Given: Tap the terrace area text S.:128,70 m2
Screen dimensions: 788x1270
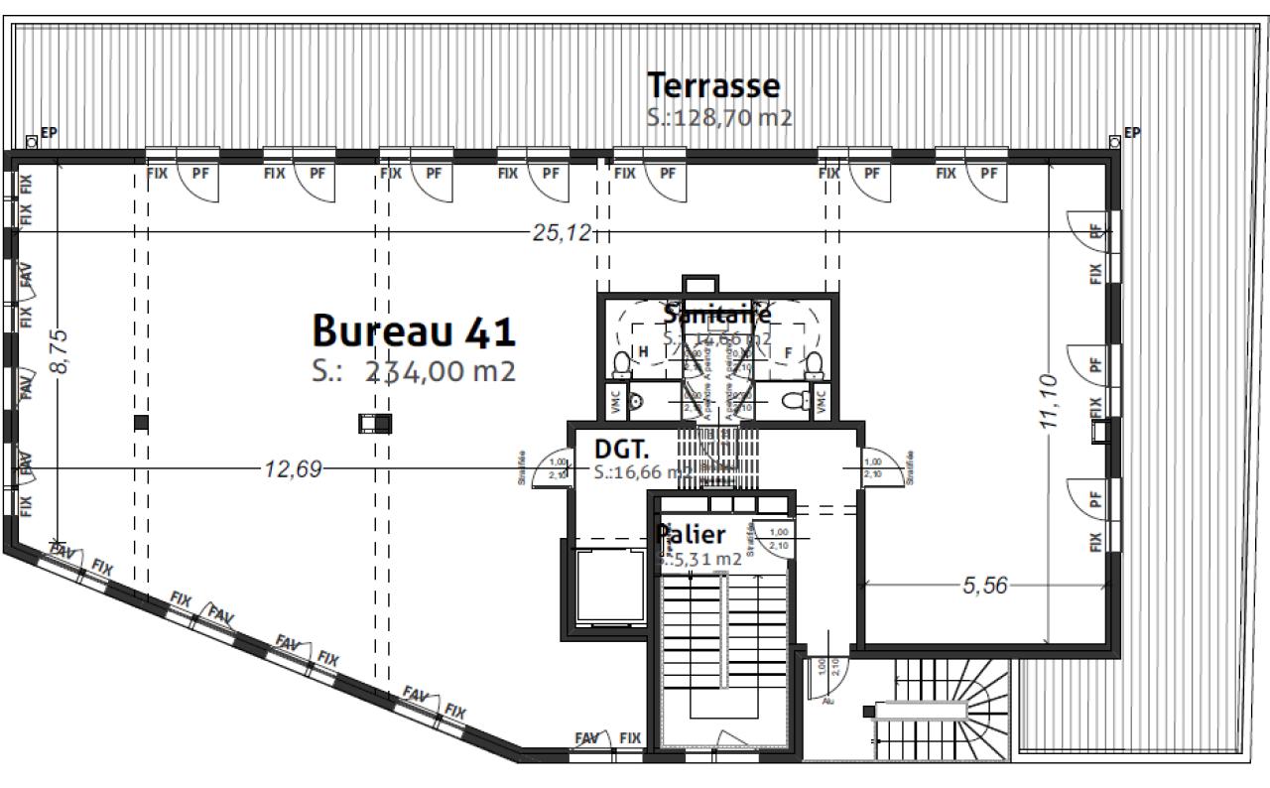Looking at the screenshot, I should point(718,117).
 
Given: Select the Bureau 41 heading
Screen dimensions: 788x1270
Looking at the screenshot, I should point(414,329).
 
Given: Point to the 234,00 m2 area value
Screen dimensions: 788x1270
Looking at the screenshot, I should point(441,371).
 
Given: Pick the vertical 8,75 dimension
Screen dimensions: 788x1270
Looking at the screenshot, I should point(60,351).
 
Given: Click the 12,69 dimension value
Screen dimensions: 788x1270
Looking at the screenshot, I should point(293,468).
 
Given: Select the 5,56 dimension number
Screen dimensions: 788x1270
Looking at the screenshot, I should point(984,586).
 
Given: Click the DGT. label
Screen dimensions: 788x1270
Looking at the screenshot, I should point(622,448).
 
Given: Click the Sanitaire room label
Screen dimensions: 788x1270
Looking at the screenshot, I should point(717,315).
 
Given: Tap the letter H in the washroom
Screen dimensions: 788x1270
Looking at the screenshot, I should point(643,350).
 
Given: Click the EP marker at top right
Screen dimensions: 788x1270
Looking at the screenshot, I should point(1132,132).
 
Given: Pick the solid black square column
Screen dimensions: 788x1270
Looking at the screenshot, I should point(141,422).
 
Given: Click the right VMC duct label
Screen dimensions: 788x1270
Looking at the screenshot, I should point(821,401).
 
